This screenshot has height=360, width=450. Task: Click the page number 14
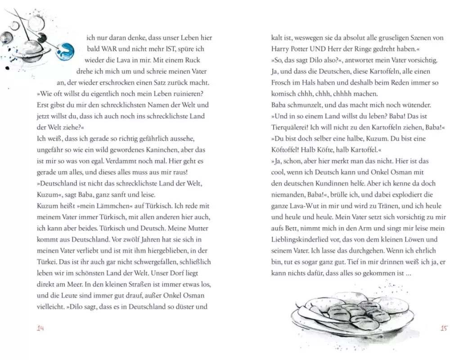click(41, 328)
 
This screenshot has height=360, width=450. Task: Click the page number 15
click(443, 328)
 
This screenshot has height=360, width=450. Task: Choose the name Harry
click(282, 49)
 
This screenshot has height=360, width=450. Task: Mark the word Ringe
click(374, 49)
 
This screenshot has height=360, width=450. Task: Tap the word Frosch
click(282, 83)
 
